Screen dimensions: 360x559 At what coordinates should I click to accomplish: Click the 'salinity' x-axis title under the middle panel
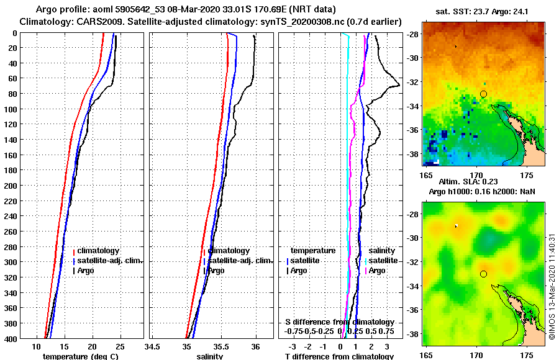click(x=211, y=356)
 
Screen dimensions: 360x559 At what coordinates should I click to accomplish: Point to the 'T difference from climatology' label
click(x=339, y=356)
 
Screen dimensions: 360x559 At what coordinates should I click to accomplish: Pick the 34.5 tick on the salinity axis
click(x=153, y=346)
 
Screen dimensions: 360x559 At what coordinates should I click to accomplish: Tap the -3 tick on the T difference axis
click(x=293, y=346)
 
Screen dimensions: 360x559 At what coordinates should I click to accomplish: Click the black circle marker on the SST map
click(x=483, y=94)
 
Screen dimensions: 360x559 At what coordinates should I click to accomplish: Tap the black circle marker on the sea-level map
click(x=483, y=274)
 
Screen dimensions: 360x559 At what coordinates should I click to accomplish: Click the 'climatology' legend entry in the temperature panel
click(x=98, y=251)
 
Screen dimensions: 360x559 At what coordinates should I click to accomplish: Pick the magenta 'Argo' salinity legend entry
click(x=376, y=271)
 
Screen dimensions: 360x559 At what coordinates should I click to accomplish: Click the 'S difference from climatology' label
click(x=339, y=322)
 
